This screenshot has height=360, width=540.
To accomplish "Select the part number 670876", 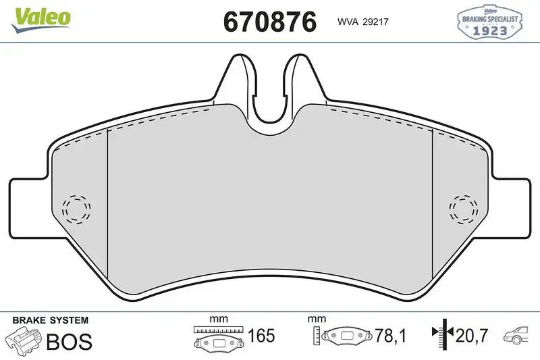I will pos(269,22).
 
